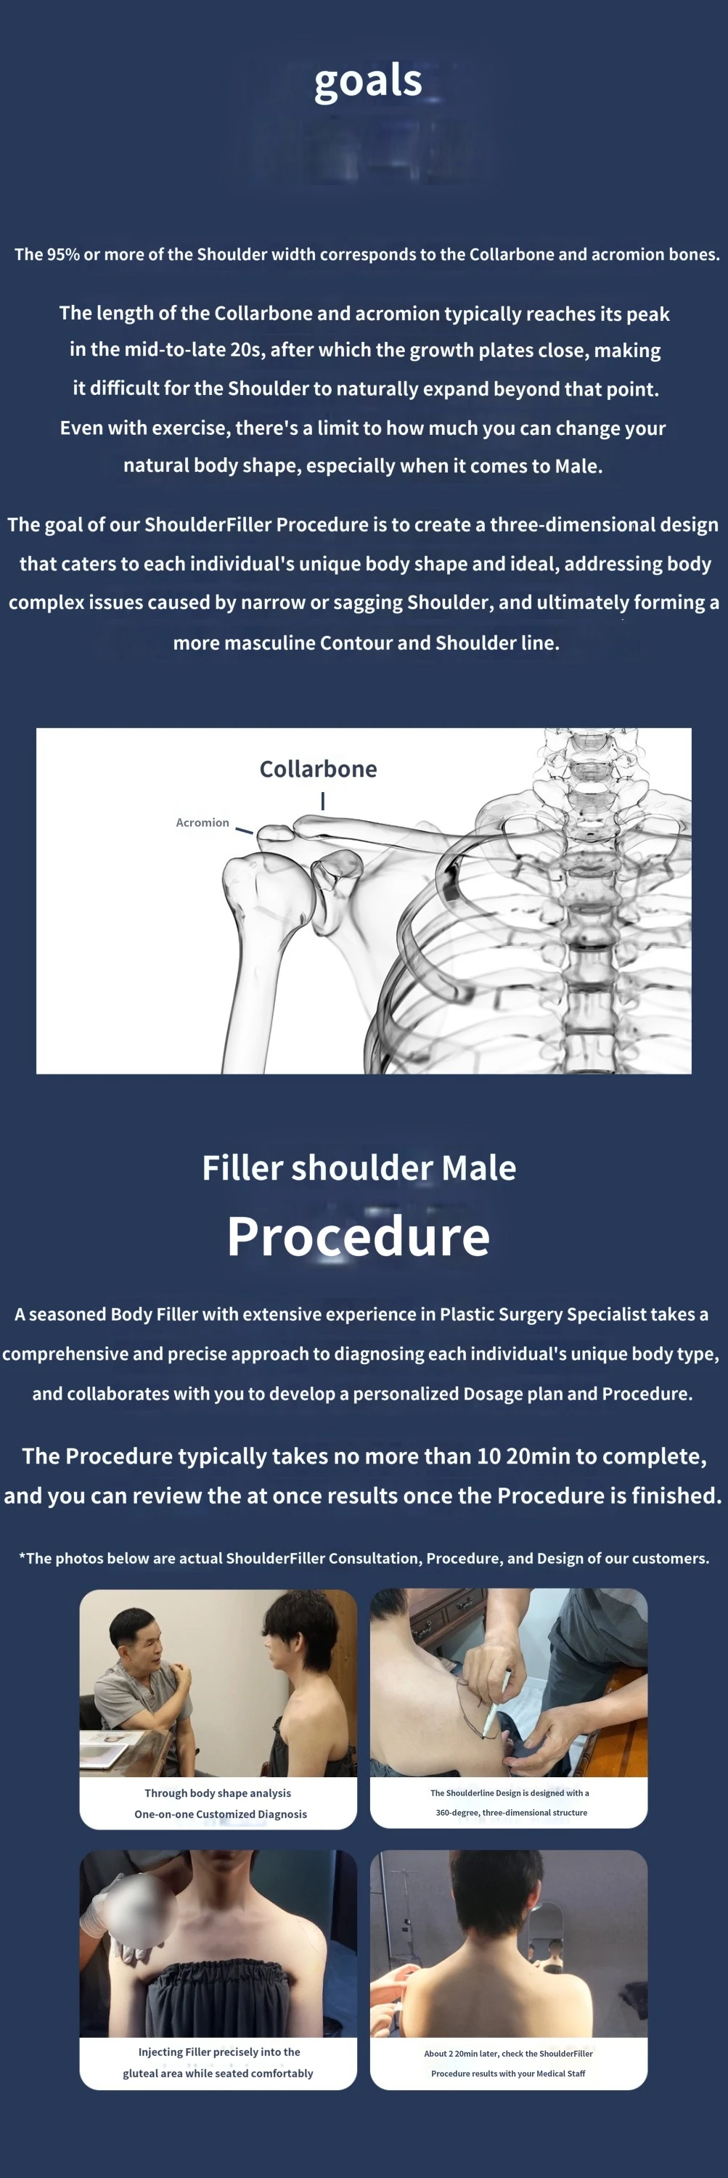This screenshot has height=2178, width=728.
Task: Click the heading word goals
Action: pos(368,82)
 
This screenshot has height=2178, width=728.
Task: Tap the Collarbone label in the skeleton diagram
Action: pos(318,769)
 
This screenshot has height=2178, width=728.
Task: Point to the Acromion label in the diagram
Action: pos(202,822)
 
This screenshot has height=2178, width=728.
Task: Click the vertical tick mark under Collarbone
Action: pos(323,800)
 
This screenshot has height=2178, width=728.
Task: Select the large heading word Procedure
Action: pos(359,1236)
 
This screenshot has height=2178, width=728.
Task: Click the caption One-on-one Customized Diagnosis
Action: pos(220,1814)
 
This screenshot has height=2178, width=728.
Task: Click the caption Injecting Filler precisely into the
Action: pos(219,2051)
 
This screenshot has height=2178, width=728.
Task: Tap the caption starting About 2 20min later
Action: pos(508,2053)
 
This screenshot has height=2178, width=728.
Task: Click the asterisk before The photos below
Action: pos(22,1556)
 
